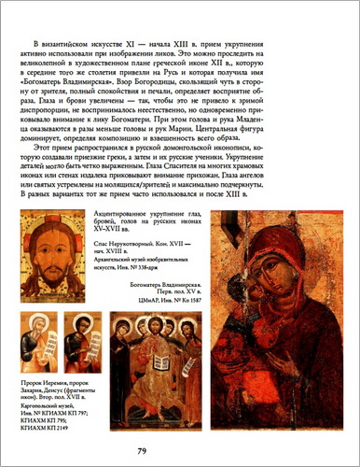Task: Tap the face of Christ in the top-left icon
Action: (x=59, y=251)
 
